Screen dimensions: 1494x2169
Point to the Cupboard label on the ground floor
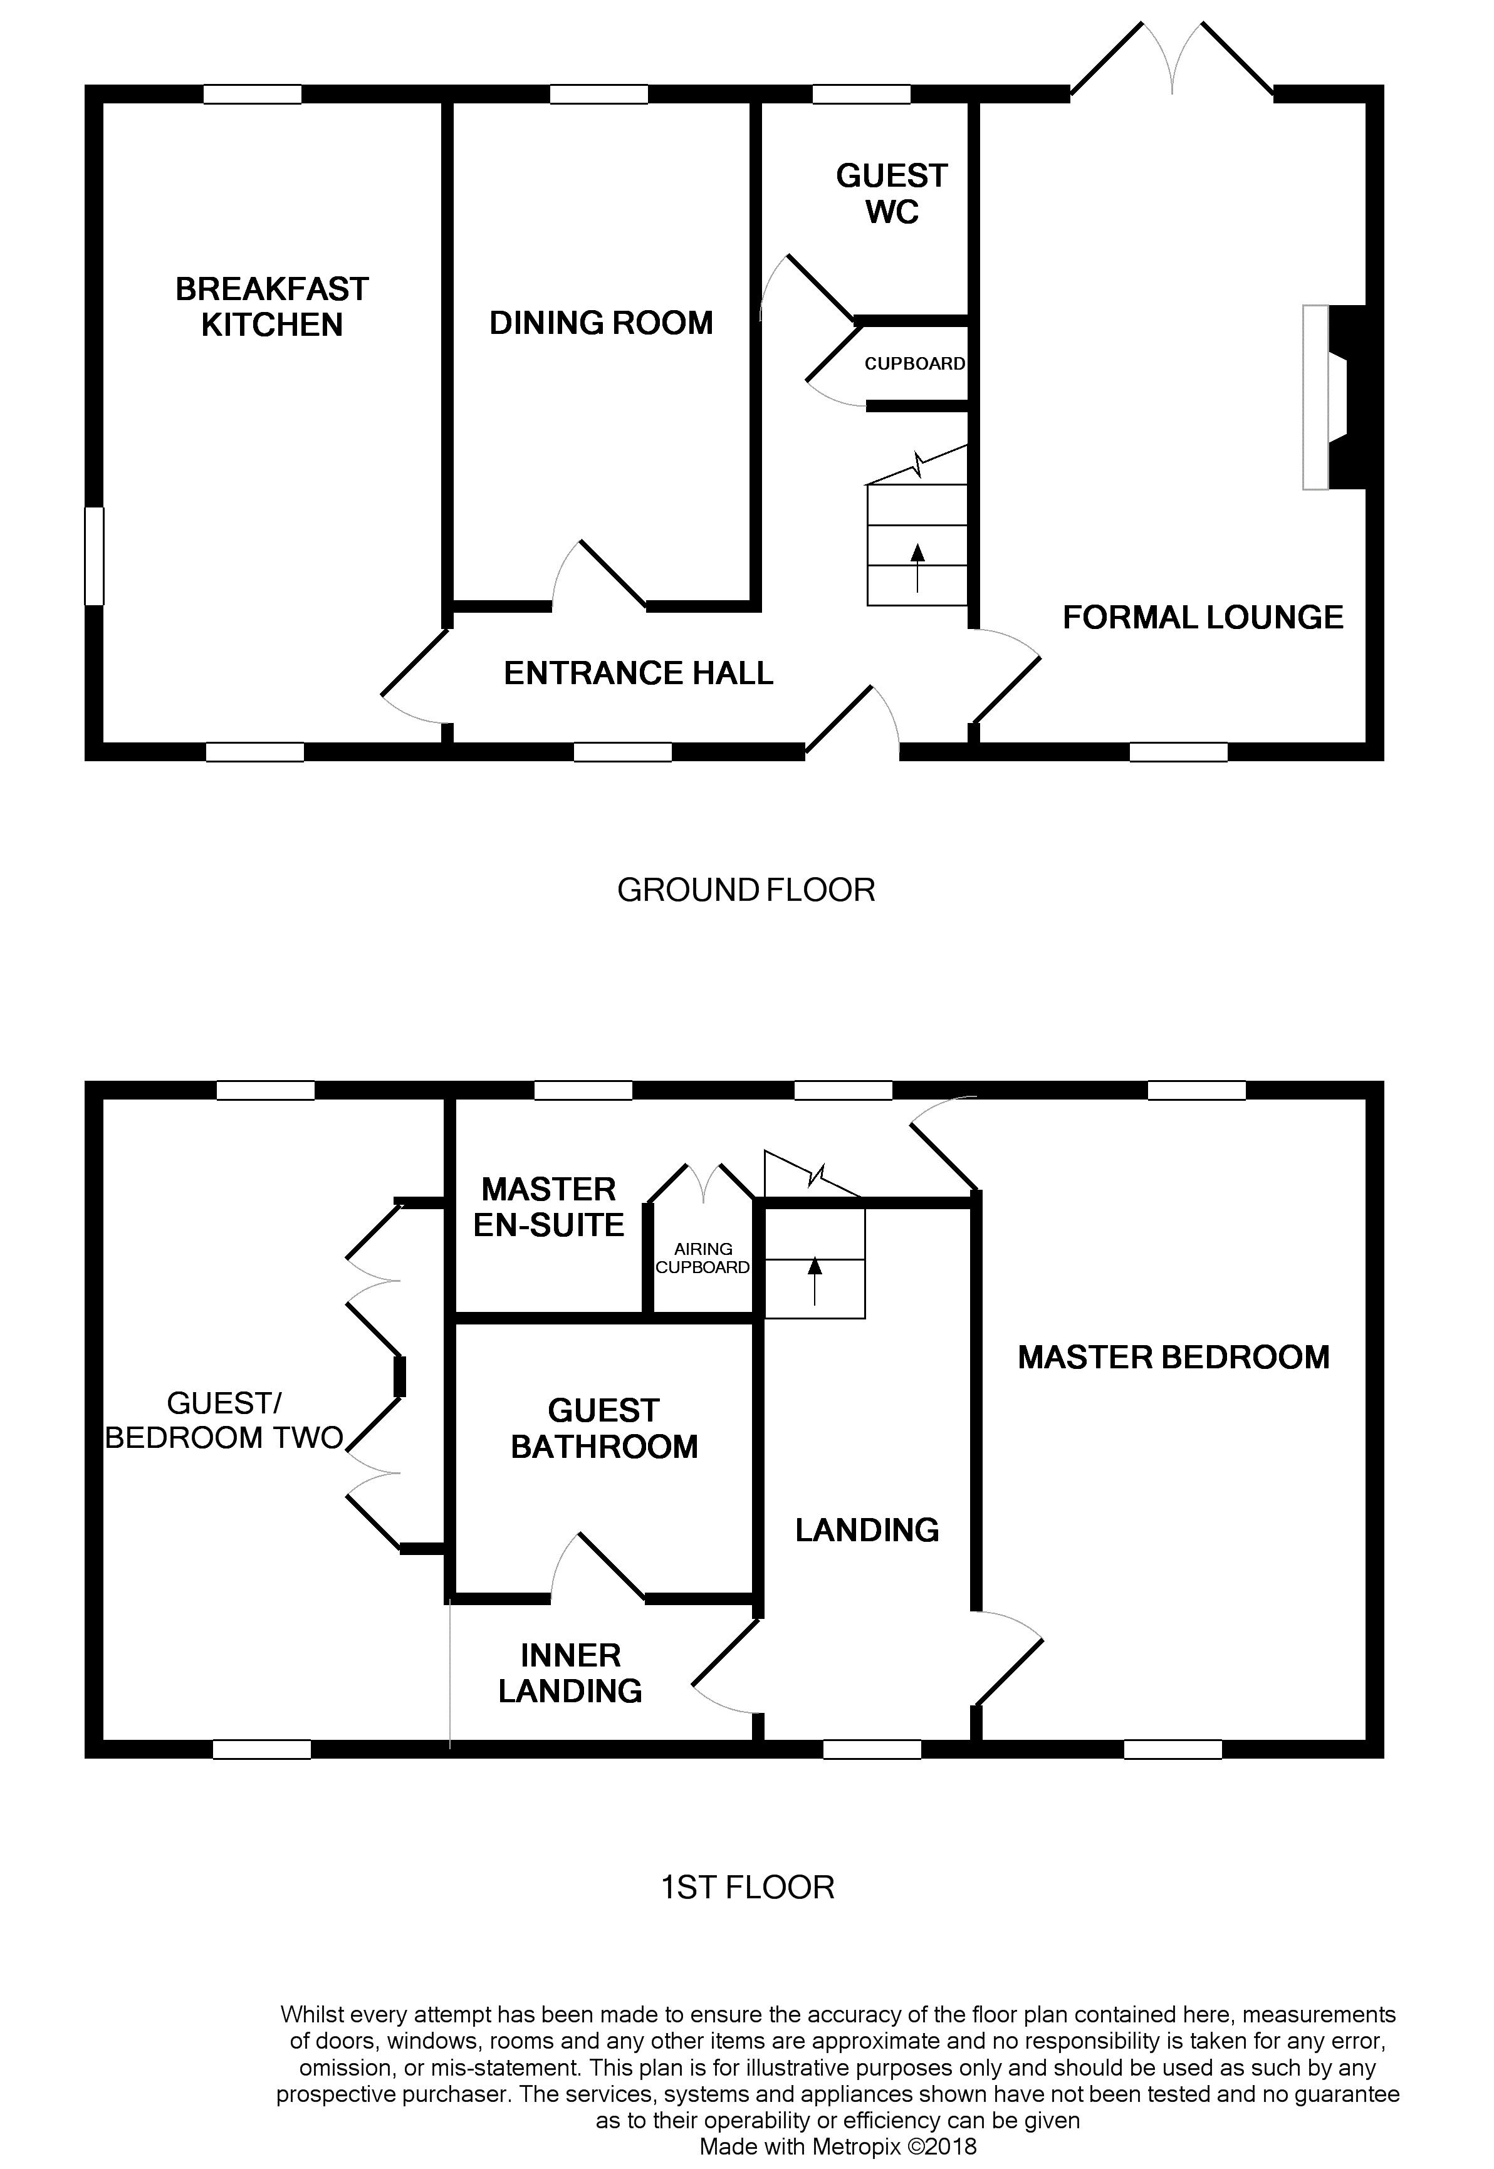914,364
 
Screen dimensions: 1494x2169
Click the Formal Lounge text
1203,618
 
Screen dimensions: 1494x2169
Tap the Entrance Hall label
639,674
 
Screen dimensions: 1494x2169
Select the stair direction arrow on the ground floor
917,566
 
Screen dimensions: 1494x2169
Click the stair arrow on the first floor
815,1280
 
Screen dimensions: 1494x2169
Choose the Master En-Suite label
548,1207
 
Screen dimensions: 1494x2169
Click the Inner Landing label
570,1673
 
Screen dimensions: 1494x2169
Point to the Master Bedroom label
1173,1358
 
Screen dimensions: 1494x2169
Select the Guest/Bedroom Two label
224,1420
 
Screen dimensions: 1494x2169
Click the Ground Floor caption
746,890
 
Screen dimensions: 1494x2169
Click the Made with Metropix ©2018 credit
838,2146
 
